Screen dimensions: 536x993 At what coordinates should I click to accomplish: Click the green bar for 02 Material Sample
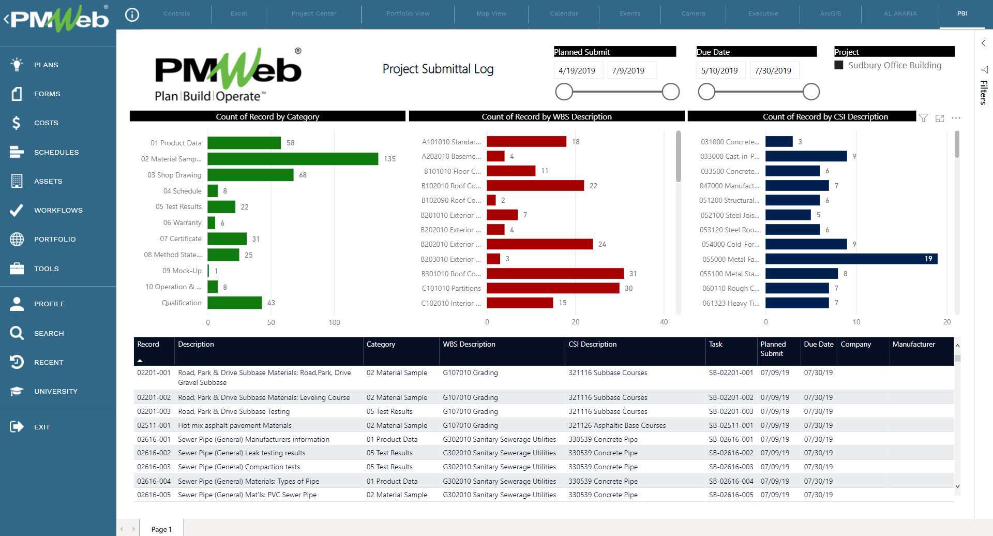point(293,159)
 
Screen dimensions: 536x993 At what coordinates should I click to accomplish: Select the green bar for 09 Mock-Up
point(208,271)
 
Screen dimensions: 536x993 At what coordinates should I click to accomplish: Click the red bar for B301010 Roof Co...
point(555,274)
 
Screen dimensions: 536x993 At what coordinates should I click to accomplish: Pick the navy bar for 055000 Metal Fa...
point(851,259)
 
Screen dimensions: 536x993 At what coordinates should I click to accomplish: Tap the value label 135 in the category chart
point(389,159)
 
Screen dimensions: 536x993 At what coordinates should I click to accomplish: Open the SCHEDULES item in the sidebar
point(56,152)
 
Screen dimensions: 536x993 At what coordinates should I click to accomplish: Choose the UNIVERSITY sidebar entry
point(55,391)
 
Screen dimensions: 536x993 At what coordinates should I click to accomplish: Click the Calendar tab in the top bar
point(563,13)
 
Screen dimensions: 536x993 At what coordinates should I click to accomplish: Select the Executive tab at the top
point(762,13)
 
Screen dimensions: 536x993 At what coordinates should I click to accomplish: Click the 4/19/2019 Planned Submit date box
point(577,70)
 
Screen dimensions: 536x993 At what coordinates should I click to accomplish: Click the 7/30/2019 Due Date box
point(773,70)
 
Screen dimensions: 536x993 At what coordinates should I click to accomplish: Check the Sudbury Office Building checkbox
point(839,65)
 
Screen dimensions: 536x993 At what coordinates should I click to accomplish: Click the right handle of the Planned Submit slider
point(670,92)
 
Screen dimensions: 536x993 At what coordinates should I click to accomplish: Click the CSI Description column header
point(592,344)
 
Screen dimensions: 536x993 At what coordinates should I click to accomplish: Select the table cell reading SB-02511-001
point(731,425)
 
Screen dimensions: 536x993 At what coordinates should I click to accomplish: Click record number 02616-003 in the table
point(154,467)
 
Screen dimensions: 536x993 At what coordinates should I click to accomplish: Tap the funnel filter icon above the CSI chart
point(923,118)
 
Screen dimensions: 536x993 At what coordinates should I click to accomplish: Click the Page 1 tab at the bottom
point(161,529)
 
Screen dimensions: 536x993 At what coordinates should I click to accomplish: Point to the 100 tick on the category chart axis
point(334,322)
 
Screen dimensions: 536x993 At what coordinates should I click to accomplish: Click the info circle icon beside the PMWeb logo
point(132,14)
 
